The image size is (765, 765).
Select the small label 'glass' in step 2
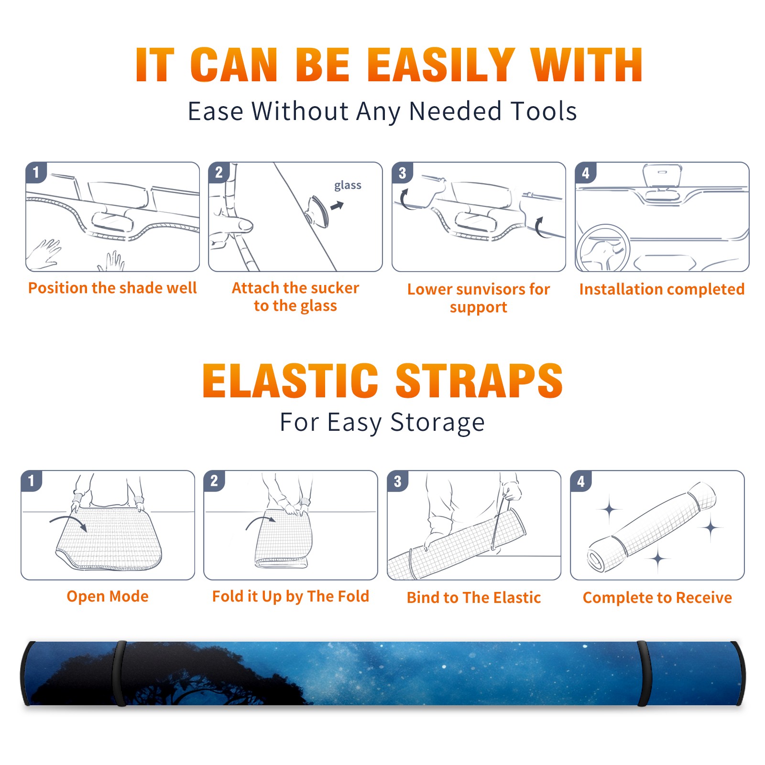click(348, 186)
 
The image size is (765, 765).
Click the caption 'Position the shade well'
click(112, 288)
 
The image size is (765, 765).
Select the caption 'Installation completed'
click(662, 289)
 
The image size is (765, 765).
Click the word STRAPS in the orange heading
click(479, 381)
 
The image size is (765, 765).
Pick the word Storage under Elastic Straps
click(437, 423)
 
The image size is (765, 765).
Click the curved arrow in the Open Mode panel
click(68, 522)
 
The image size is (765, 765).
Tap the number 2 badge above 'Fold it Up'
click(214, 481)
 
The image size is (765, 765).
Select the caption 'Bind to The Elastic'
click(474, 597)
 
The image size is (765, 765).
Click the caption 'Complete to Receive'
click(657, 597)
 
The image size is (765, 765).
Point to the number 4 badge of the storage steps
click(581, 481)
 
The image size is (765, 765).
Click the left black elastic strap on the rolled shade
click(120, 673)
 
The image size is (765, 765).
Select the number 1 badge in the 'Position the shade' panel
click(36, 172)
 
